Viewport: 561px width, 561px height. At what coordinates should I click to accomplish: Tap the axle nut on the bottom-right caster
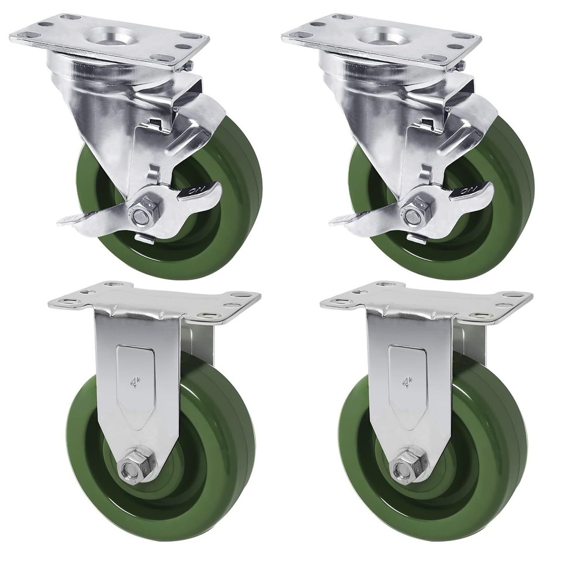[x=403, y=467]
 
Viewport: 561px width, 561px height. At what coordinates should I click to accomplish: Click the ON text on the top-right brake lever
[x=471, y=191]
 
